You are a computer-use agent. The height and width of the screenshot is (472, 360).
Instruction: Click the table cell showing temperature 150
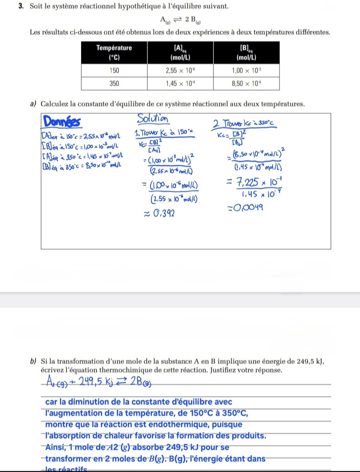point(114,70)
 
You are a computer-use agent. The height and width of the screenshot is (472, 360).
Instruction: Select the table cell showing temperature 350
point(114,83)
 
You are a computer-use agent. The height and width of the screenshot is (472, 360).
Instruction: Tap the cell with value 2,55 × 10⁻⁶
point(180,70)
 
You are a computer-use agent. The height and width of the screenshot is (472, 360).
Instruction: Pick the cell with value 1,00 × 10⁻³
point(246,70)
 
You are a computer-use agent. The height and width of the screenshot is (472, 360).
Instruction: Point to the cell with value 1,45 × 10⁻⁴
point(180,83)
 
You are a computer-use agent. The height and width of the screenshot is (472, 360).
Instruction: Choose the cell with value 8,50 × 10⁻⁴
point(246,83)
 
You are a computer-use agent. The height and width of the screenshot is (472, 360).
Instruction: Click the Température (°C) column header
point(114,52)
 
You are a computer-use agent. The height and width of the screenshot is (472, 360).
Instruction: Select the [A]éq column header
point(180,52)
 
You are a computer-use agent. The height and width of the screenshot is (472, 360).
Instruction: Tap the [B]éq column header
point(246,52)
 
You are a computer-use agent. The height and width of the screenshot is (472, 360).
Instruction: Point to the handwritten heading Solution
point(153,118)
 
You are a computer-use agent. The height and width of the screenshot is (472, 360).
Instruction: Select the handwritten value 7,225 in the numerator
point(247,182)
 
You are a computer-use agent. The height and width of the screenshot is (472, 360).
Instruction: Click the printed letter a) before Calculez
point(33,104)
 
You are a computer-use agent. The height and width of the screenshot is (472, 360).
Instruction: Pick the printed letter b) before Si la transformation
point(33,361)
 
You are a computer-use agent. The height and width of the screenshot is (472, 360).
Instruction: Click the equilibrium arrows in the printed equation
point(178,19)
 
